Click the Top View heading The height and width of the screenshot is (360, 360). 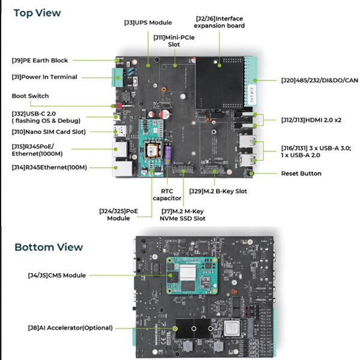37,12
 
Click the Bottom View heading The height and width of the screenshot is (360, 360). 49,247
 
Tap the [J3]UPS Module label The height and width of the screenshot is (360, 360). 148,22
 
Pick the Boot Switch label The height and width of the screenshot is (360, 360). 31,96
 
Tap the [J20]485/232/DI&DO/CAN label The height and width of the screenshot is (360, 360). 319,80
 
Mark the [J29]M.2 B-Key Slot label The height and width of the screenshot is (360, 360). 220,191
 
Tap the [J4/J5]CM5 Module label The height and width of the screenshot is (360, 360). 57,275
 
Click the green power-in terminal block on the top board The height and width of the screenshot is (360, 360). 116,77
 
